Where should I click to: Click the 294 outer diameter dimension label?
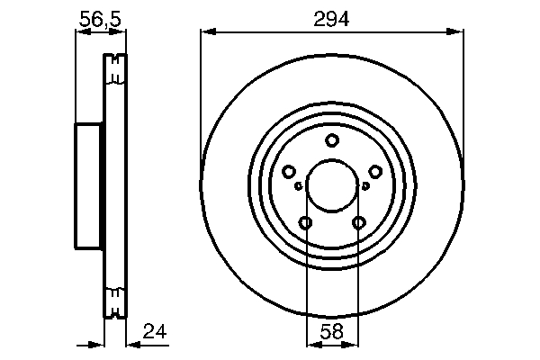point(331,16)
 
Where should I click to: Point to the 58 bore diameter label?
point(332,332)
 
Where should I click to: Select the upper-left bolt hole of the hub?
point(289,172)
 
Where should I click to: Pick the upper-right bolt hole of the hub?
point(375,172)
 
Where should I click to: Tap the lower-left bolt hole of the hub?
point(306,223)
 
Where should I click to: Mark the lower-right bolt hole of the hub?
point(359,223)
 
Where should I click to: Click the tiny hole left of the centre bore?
point(298,186)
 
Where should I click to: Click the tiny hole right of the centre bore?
point(366,186)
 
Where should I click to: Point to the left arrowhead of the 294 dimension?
point(206,32)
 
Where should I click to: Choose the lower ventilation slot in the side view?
point(113,301)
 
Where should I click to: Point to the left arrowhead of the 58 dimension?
point(311,344)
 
